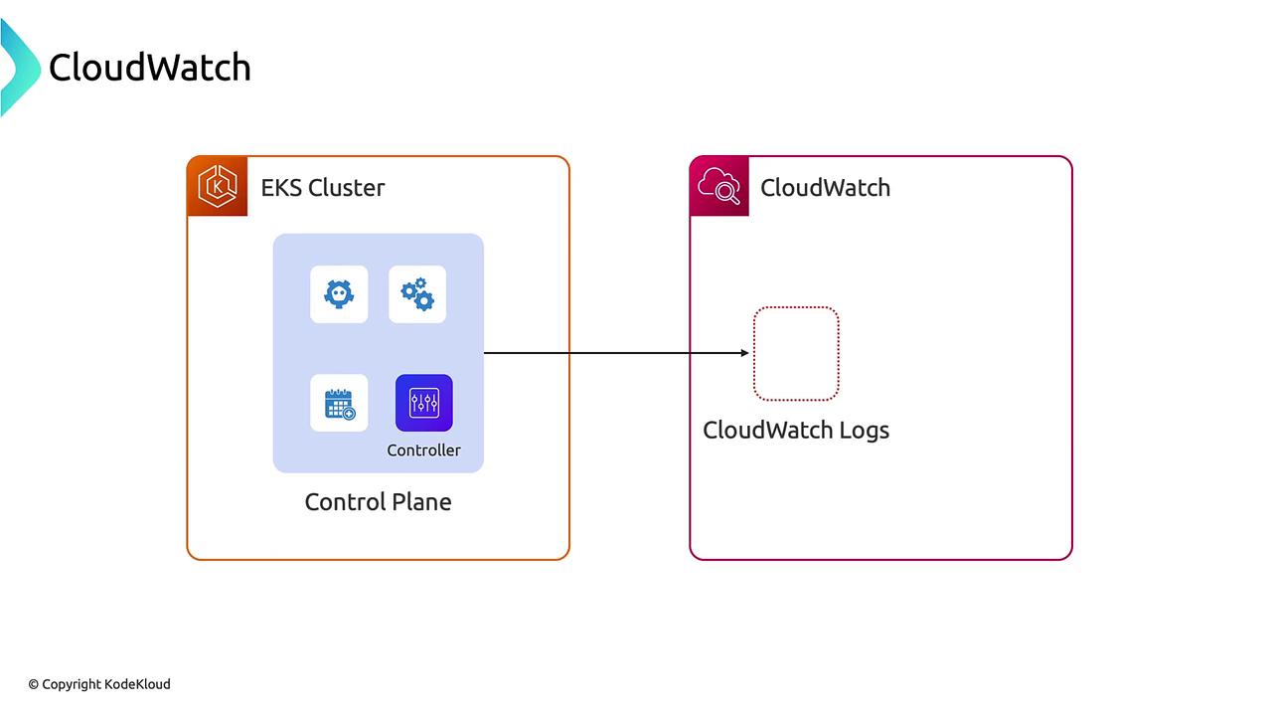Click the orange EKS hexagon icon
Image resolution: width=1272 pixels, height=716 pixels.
point(217,186)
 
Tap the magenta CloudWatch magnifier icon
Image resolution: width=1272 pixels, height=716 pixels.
point(719,186)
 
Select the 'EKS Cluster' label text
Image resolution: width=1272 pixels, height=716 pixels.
point(322,188)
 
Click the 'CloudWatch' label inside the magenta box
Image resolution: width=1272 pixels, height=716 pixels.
point(825,188)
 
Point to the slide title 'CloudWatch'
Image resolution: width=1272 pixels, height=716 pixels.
point(149,68)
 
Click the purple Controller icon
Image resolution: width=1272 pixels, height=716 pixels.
point(424,403)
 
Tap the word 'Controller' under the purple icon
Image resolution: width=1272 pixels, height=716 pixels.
point(424,450)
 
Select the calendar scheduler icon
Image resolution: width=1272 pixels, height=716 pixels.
point(339,403)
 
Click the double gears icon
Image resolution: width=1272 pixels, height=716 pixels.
point(417,294)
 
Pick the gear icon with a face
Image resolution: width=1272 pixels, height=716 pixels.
point(339,294)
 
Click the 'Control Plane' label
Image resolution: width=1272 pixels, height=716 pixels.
point(378,502)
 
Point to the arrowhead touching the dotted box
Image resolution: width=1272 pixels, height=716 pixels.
point(745,353)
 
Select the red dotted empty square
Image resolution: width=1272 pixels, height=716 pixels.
point(796,353)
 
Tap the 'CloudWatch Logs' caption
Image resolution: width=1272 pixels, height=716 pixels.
point(795,431)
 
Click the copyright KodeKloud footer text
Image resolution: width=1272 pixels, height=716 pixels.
point(99,684)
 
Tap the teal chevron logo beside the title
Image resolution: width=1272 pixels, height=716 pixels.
point(18,68)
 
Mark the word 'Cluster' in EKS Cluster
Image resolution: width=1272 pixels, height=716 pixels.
point(347,188)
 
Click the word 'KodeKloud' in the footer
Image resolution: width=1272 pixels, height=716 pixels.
point(137,684)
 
